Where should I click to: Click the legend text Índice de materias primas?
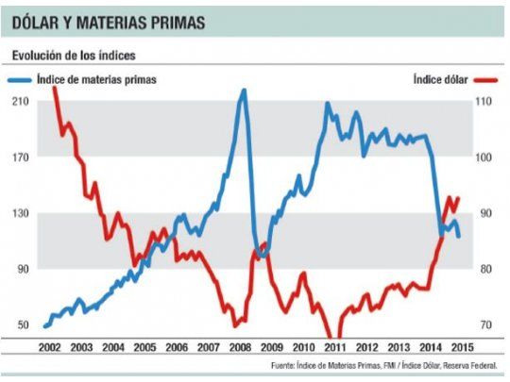(96, 79)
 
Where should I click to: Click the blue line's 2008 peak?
(243, 91)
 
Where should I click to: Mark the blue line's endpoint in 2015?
(459, 236)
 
